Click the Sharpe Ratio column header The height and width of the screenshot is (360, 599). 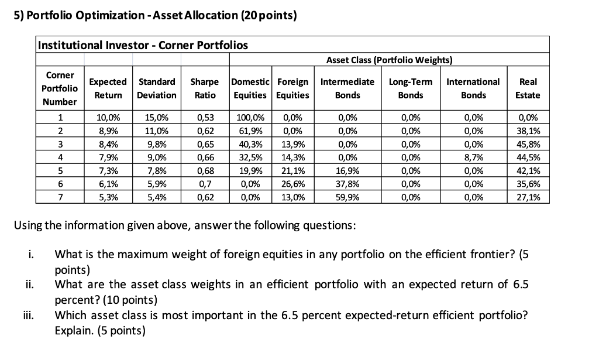pyautogui.click(x=205, y=88)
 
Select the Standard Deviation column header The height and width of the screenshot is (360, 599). pyautogui.click(x=157, y=88)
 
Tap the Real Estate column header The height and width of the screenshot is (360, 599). pyautogui.click(x=528, y=88)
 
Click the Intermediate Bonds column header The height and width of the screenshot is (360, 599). pyautogui.click(x=348, y=88)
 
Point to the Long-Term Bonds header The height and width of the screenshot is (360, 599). pyautogui.click(x=411, y=88)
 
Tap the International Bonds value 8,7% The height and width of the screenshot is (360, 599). pyautogui.click(x=473, y=157)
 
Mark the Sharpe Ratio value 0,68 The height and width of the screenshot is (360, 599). pyautogui.click(x=205, y=171)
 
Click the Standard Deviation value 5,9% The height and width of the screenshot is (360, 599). pyautogui.click(x=157, y=184)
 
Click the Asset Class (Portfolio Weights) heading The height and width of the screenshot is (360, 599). pyautogui.click(x=389, y=60)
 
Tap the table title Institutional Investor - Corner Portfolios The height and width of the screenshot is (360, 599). pyautogui.click(x=143, y=45)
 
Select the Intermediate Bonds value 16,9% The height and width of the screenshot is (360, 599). pyautogui.click(x=348, y=171)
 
